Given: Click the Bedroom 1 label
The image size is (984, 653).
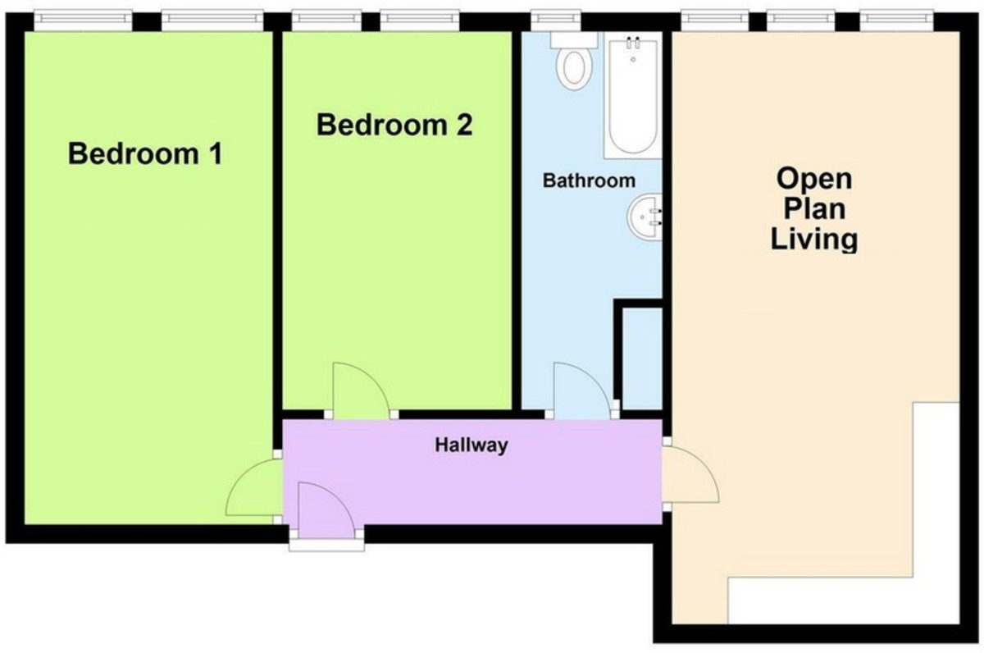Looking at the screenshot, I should pos(145,153).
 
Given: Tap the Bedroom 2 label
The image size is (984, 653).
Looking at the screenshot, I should pos(394,126).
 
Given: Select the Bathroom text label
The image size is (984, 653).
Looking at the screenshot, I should pos(589,180).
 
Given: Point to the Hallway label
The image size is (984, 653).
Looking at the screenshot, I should pos(471,445).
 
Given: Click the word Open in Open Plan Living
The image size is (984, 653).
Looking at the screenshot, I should pos(814,178).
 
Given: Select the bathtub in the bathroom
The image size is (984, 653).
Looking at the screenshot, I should pos(632,94).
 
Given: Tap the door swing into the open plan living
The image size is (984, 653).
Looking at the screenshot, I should pos(690,477).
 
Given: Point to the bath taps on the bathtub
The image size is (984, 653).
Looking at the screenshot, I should pos(633,48).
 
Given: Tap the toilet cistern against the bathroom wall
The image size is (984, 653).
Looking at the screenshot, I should pos(566,38).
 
